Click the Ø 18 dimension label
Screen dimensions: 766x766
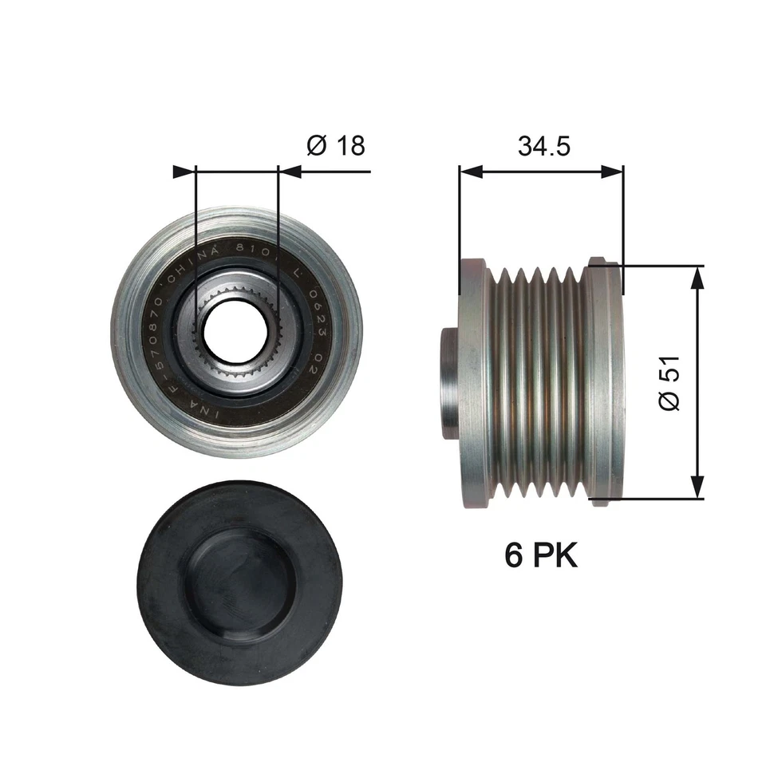(334, 145)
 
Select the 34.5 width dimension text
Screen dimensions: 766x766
(543, 145)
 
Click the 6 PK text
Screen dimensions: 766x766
(540, 555)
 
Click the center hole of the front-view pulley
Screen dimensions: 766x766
(235, 330)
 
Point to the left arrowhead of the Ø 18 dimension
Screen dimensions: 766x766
(184, 171)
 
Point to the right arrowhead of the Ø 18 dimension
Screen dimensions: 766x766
(289, 171)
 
